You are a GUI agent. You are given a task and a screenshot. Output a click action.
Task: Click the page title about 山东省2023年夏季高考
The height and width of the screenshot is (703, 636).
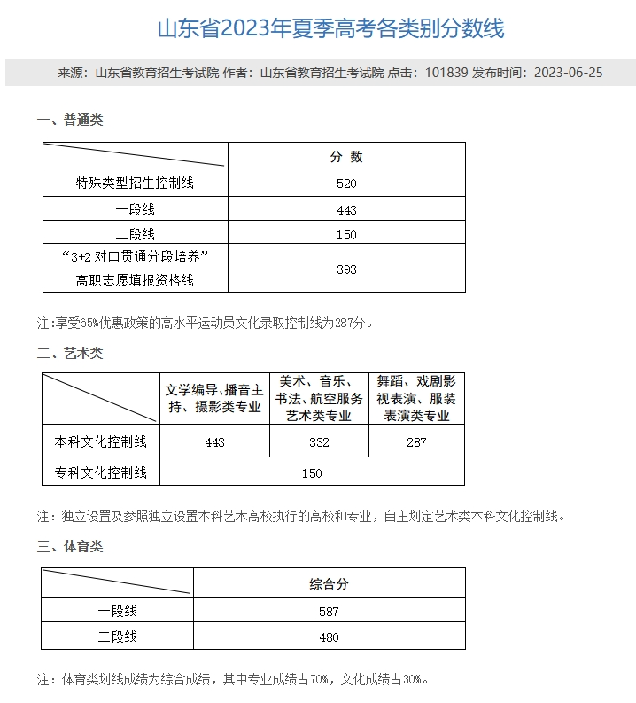(x=330, y=29)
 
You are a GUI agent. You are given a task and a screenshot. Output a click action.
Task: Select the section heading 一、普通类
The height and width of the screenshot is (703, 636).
(x=70, y=120)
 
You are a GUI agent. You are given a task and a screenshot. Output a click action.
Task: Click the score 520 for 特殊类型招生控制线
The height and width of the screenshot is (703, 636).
(x=346, y=184)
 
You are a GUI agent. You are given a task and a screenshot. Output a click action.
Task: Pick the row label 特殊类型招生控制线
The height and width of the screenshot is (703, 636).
(x=135, y=184)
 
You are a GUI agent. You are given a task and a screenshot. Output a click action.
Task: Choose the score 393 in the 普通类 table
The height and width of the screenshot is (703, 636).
(x=346, y=269)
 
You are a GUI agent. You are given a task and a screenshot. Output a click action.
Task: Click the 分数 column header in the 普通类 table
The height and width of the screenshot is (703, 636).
(x=346, y=157)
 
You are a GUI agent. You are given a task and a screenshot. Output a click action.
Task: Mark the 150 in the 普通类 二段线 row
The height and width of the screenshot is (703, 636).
(x=346, y=235)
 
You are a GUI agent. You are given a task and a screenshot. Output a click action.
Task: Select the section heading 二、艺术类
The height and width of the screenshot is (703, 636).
(x=70, y=353)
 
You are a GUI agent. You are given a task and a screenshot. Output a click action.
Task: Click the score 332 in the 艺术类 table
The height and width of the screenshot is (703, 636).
(x=319, y=442)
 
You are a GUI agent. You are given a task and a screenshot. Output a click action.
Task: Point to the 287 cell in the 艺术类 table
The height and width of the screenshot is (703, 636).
(x=416, y=442)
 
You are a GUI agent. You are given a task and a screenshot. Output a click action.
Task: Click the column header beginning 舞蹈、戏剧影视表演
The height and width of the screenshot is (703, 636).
(x=416, y=398)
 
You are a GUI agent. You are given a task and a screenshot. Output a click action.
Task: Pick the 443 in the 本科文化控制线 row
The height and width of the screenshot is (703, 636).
(x=214, y=442)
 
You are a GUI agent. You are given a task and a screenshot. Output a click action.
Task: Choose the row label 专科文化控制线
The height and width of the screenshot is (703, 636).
(x=101, y=473)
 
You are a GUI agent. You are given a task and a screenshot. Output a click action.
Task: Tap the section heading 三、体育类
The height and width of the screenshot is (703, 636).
(x=70, y=546)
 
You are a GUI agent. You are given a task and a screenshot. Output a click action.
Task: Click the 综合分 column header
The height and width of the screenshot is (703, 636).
(x=329, y=584)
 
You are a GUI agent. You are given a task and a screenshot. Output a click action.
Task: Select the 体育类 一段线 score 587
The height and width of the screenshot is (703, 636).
(x=329, y=611)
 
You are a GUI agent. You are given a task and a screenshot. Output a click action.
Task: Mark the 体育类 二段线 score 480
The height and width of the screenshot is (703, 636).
(x=329, y=637)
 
